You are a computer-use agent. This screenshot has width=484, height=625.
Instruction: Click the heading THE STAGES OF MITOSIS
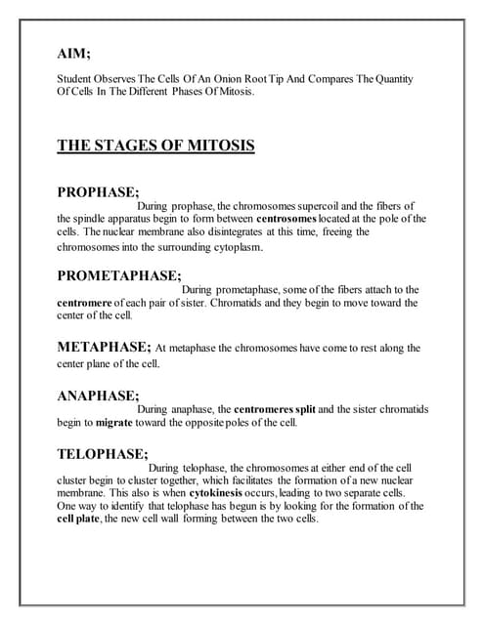155,146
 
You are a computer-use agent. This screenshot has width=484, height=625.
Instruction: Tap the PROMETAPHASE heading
119,275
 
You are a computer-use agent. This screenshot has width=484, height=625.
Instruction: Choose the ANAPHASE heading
98,396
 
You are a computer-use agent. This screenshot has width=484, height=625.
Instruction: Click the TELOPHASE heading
103,453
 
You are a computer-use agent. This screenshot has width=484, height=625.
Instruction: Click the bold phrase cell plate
81,519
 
